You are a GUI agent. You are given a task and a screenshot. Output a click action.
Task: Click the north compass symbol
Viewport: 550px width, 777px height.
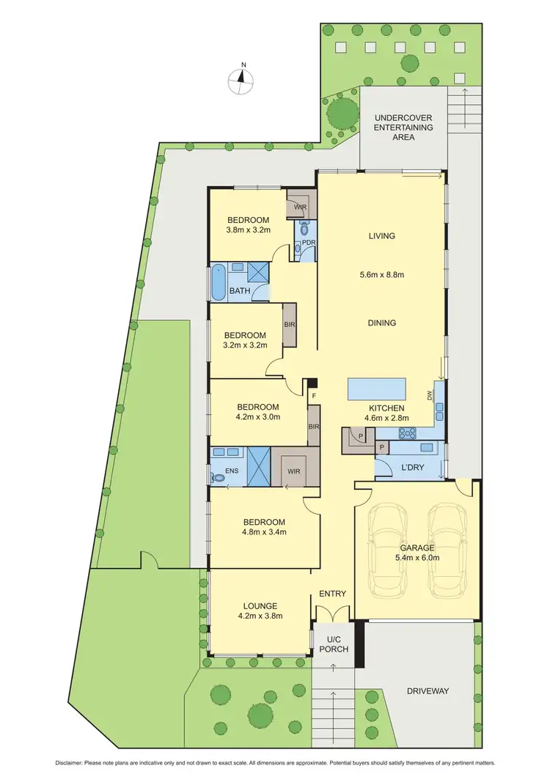click(241, 81)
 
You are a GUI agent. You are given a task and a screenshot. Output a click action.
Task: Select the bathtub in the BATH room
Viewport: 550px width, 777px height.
click(219, 281)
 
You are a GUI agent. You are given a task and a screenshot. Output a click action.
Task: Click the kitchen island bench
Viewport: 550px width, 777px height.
click(377, 386)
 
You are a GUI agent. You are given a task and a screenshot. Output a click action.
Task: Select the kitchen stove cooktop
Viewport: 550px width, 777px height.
click(406, 432)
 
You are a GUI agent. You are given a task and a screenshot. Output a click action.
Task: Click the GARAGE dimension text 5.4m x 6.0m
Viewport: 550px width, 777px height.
click(419, 557)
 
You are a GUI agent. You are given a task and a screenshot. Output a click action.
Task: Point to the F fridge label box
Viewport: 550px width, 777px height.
click(314, 396)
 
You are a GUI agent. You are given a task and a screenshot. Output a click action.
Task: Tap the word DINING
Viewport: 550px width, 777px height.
click(382, 323)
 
